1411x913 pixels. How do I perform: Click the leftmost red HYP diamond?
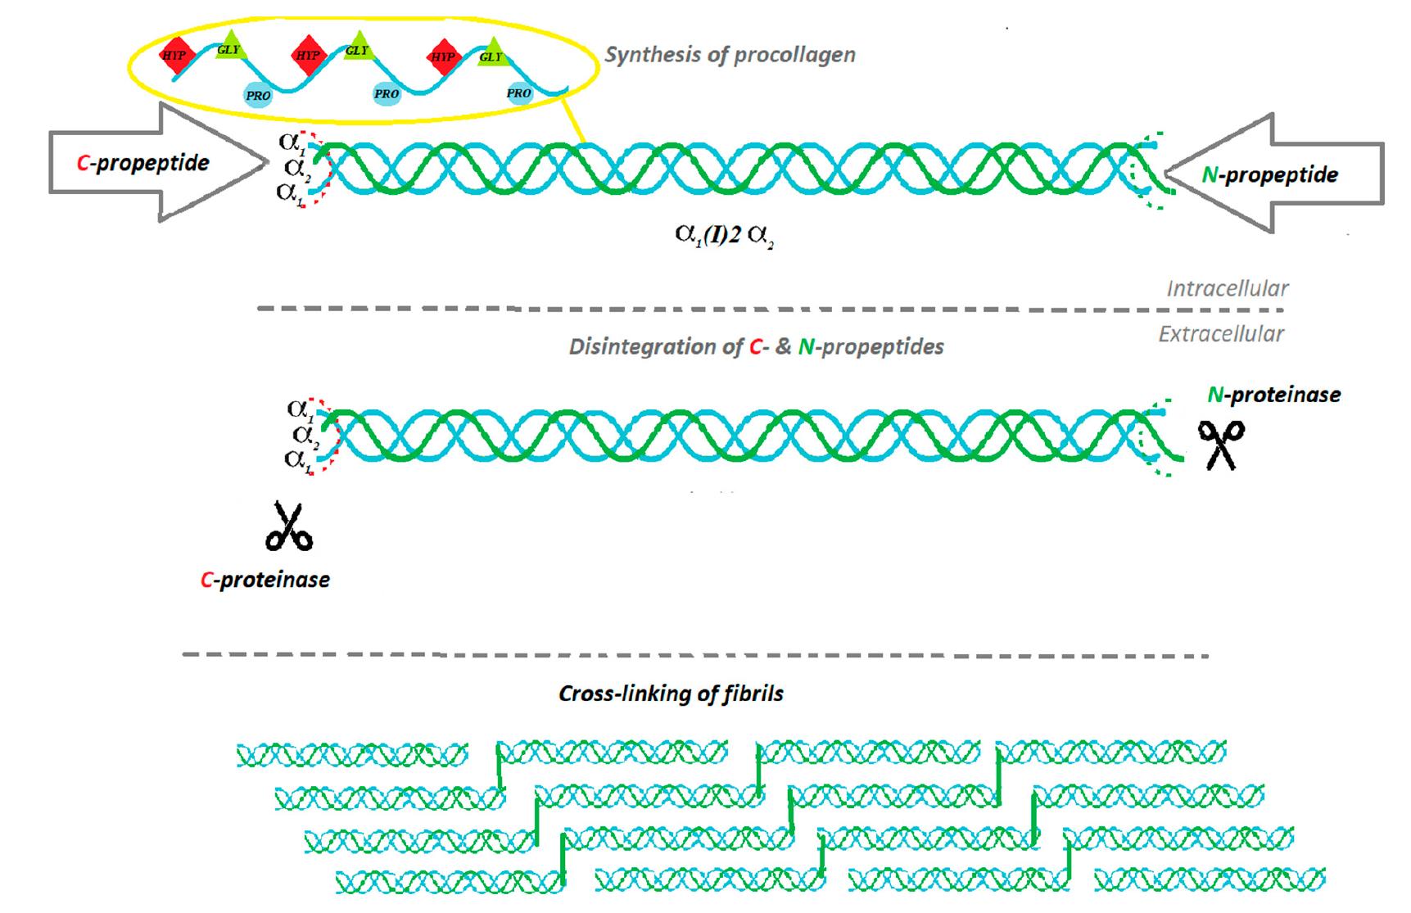pos(174,56)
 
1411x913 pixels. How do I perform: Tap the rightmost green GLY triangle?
pos(491,55)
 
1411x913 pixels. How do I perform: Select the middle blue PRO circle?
pos(386,93)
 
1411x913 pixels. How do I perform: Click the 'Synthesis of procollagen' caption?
pos(730,55)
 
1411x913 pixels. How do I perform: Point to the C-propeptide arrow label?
pos(143,163)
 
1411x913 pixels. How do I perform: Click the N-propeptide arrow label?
pos(1269,174)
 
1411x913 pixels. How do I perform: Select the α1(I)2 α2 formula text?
pos(724,235)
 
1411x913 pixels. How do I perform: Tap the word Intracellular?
pos(1227,288)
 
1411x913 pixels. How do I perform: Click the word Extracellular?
pos(1220,334)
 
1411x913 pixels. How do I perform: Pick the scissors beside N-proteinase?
pos(1221,445)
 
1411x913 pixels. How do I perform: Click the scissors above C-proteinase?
pos(289,526)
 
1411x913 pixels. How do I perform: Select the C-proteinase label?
pos(265,580)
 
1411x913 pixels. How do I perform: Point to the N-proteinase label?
pos(1273,395)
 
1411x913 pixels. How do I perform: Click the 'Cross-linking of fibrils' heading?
pos(671,694)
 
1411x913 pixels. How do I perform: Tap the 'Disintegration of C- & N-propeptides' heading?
pos(756,346)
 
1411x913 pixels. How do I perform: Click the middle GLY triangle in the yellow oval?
pos(357,48)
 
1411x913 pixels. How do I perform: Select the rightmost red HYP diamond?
pos(443,56)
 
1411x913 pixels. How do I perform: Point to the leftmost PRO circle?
pos(257,95)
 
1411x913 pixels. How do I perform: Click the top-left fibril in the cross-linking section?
pos(352,755)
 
